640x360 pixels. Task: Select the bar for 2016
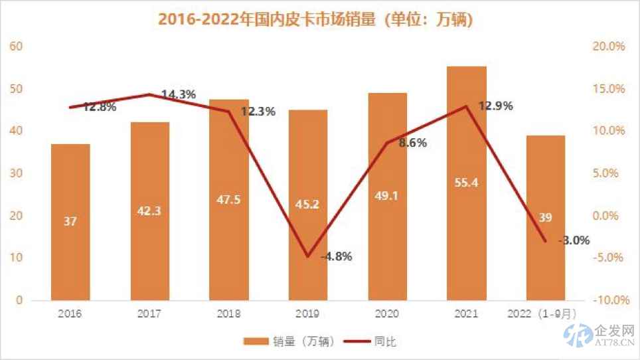click(70, 222)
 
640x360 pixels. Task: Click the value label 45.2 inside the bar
click(307, 204)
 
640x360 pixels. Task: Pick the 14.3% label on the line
click(179, 94)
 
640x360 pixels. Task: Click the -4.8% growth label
click(335, 256)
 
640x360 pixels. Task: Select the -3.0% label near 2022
click(574, 240)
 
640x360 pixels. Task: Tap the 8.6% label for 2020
click(412, 143)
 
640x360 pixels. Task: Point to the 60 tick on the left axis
click(16, 46)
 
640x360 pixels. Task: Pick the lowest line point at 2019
click(307, 256)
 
